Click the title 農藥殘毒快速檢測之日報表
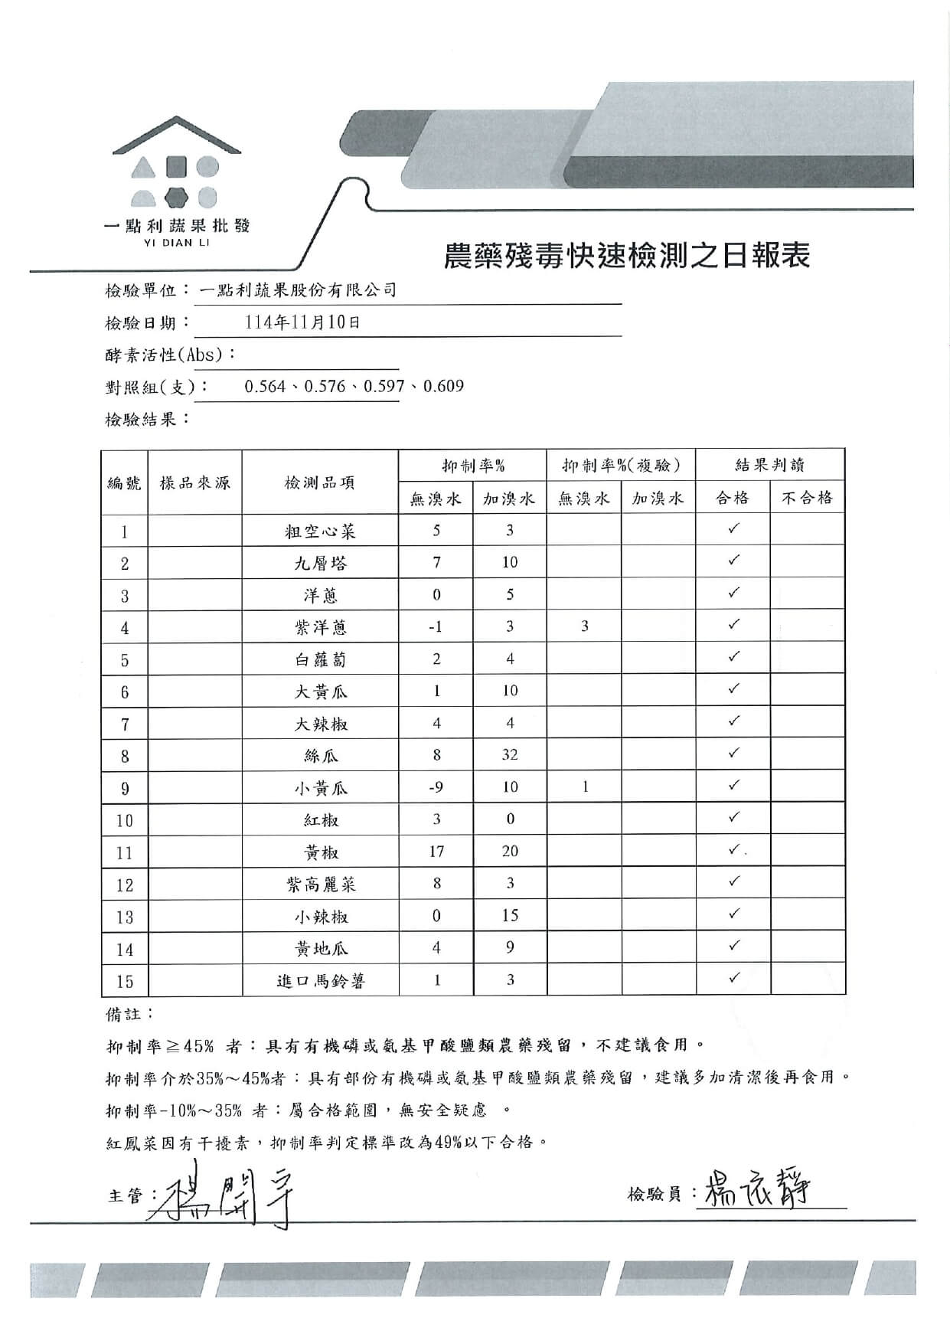(626, 256)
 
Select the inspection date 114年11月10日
(302, 322)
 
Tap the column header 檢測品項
(320, 482)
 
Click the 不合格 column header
(807, 499)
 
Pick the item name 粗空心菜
(320, 531)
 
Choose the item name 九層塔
(320, 564)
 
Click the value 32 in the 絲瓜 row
(510, 755)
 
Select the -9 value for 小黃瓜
(436, 787)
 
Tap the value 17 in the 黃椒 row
(436, 852)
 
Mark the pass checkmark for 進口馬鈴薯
(733, 978)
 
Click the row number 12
(125, 885)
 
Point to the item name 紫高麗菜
(320, 885)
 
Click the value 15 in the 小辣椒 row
(510, 916)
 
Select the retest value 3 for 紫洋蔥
(585, 626)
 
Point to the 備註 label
(128, 1014)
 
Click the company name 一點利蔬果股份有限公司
(298, 290)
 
